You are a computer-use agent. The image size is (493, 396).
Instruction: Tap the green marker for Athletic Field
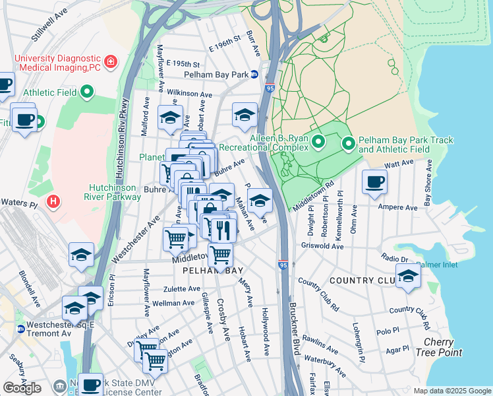pos(86,93)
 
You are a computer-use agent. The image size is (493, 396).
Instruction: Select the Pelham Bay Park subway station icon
pos(254,75)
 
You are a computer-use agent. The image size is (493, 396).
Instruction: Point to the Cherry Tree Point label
pos(438,347)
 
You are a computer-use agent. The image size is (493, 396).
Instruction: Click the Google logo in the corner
pos(22,388)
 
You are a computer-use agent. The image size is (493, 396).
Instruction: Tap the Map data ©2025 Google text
pos(451,391)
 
